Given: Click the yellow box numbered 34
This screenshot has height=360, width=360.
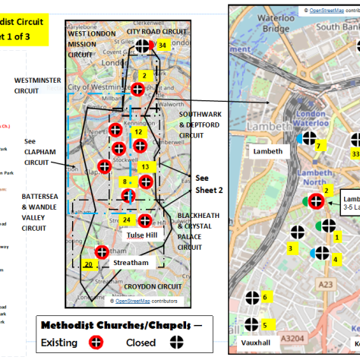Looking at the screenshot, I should (163, 46).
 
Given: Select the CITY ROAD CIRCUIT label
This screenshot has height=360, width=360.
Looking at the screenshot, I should (156, 33).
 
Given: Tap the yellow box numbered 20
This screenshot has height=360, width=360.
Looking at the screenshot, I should (88, 265).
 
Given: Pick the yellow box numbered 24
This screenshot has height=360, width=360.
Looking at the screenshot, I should (126, 221).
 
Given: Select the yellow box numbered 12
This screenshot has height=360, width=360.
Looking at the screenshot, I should (138, 132).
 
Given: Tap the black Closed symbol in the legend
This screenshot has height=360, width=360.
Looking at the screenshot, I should (173, 343).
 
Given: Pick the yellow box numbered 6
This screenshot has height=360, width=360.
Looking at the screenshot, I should (264, 298).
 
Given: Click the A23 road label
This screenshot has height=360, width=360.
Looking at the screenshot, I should (325, 284).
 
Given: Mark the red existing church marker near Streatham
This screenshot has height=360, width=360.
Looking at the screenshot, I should (101, 253).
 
